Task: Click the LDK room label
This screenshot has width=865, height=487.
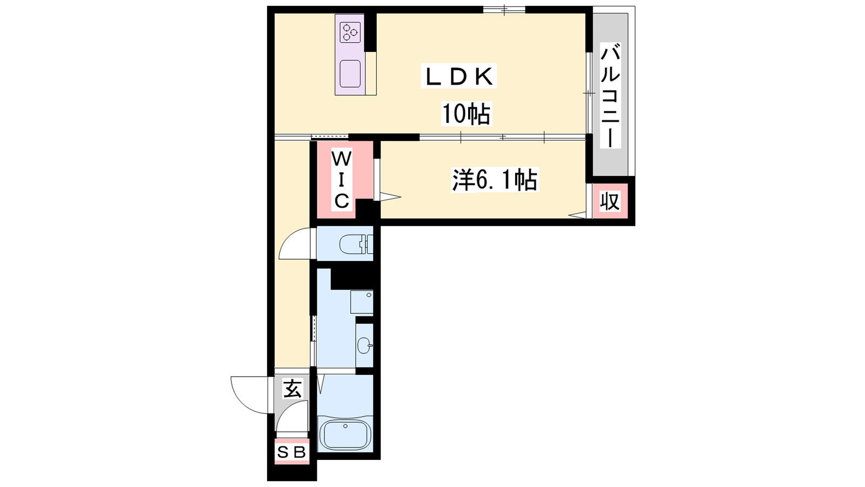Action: [458, 77]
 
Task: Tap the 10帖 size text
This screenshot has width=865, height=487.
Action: [466, 114]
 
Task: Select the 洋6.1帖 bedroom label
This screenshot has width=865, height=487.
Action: [495, 180]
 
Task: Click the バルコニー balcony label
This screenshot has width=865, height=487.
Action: [610, 96]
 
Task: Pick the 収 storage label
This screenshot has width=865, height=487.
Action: [610, 201]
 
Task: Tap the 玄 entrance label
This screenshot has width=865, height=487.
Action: [292, 389]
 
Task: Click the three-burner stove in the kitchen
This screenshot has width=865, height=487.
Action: [350, 32]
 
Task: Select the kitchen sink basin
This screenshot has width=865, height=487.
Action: [350, 74]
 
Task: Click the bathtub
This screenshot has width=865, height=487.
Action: [345, 435]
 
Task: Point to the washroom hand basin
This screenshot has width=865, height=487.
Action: [364, 345]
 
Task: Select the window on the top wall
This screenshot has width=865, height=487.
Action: [504, 9]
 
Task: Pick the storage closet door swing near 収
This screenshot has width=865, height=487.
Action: [578, 215]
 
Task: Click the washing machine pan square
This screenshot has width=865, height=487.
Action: [362, 302]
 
